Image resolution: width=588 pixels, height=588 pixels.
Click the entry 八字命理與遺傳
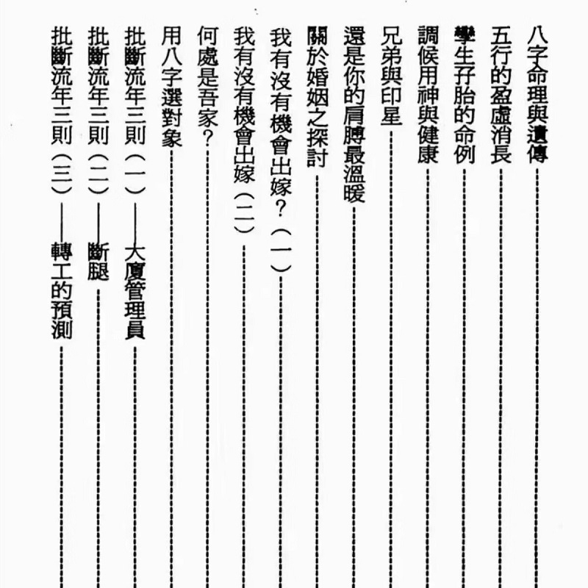pos(539,93)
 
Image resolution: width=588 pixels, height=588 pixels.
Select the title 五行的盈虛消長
pos(502,93)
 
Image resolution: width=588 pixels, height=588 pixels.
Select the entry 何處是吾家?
pos(207,76)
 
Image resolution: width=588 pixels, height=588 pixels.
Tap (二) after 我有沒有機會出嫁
pos(244,215)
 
